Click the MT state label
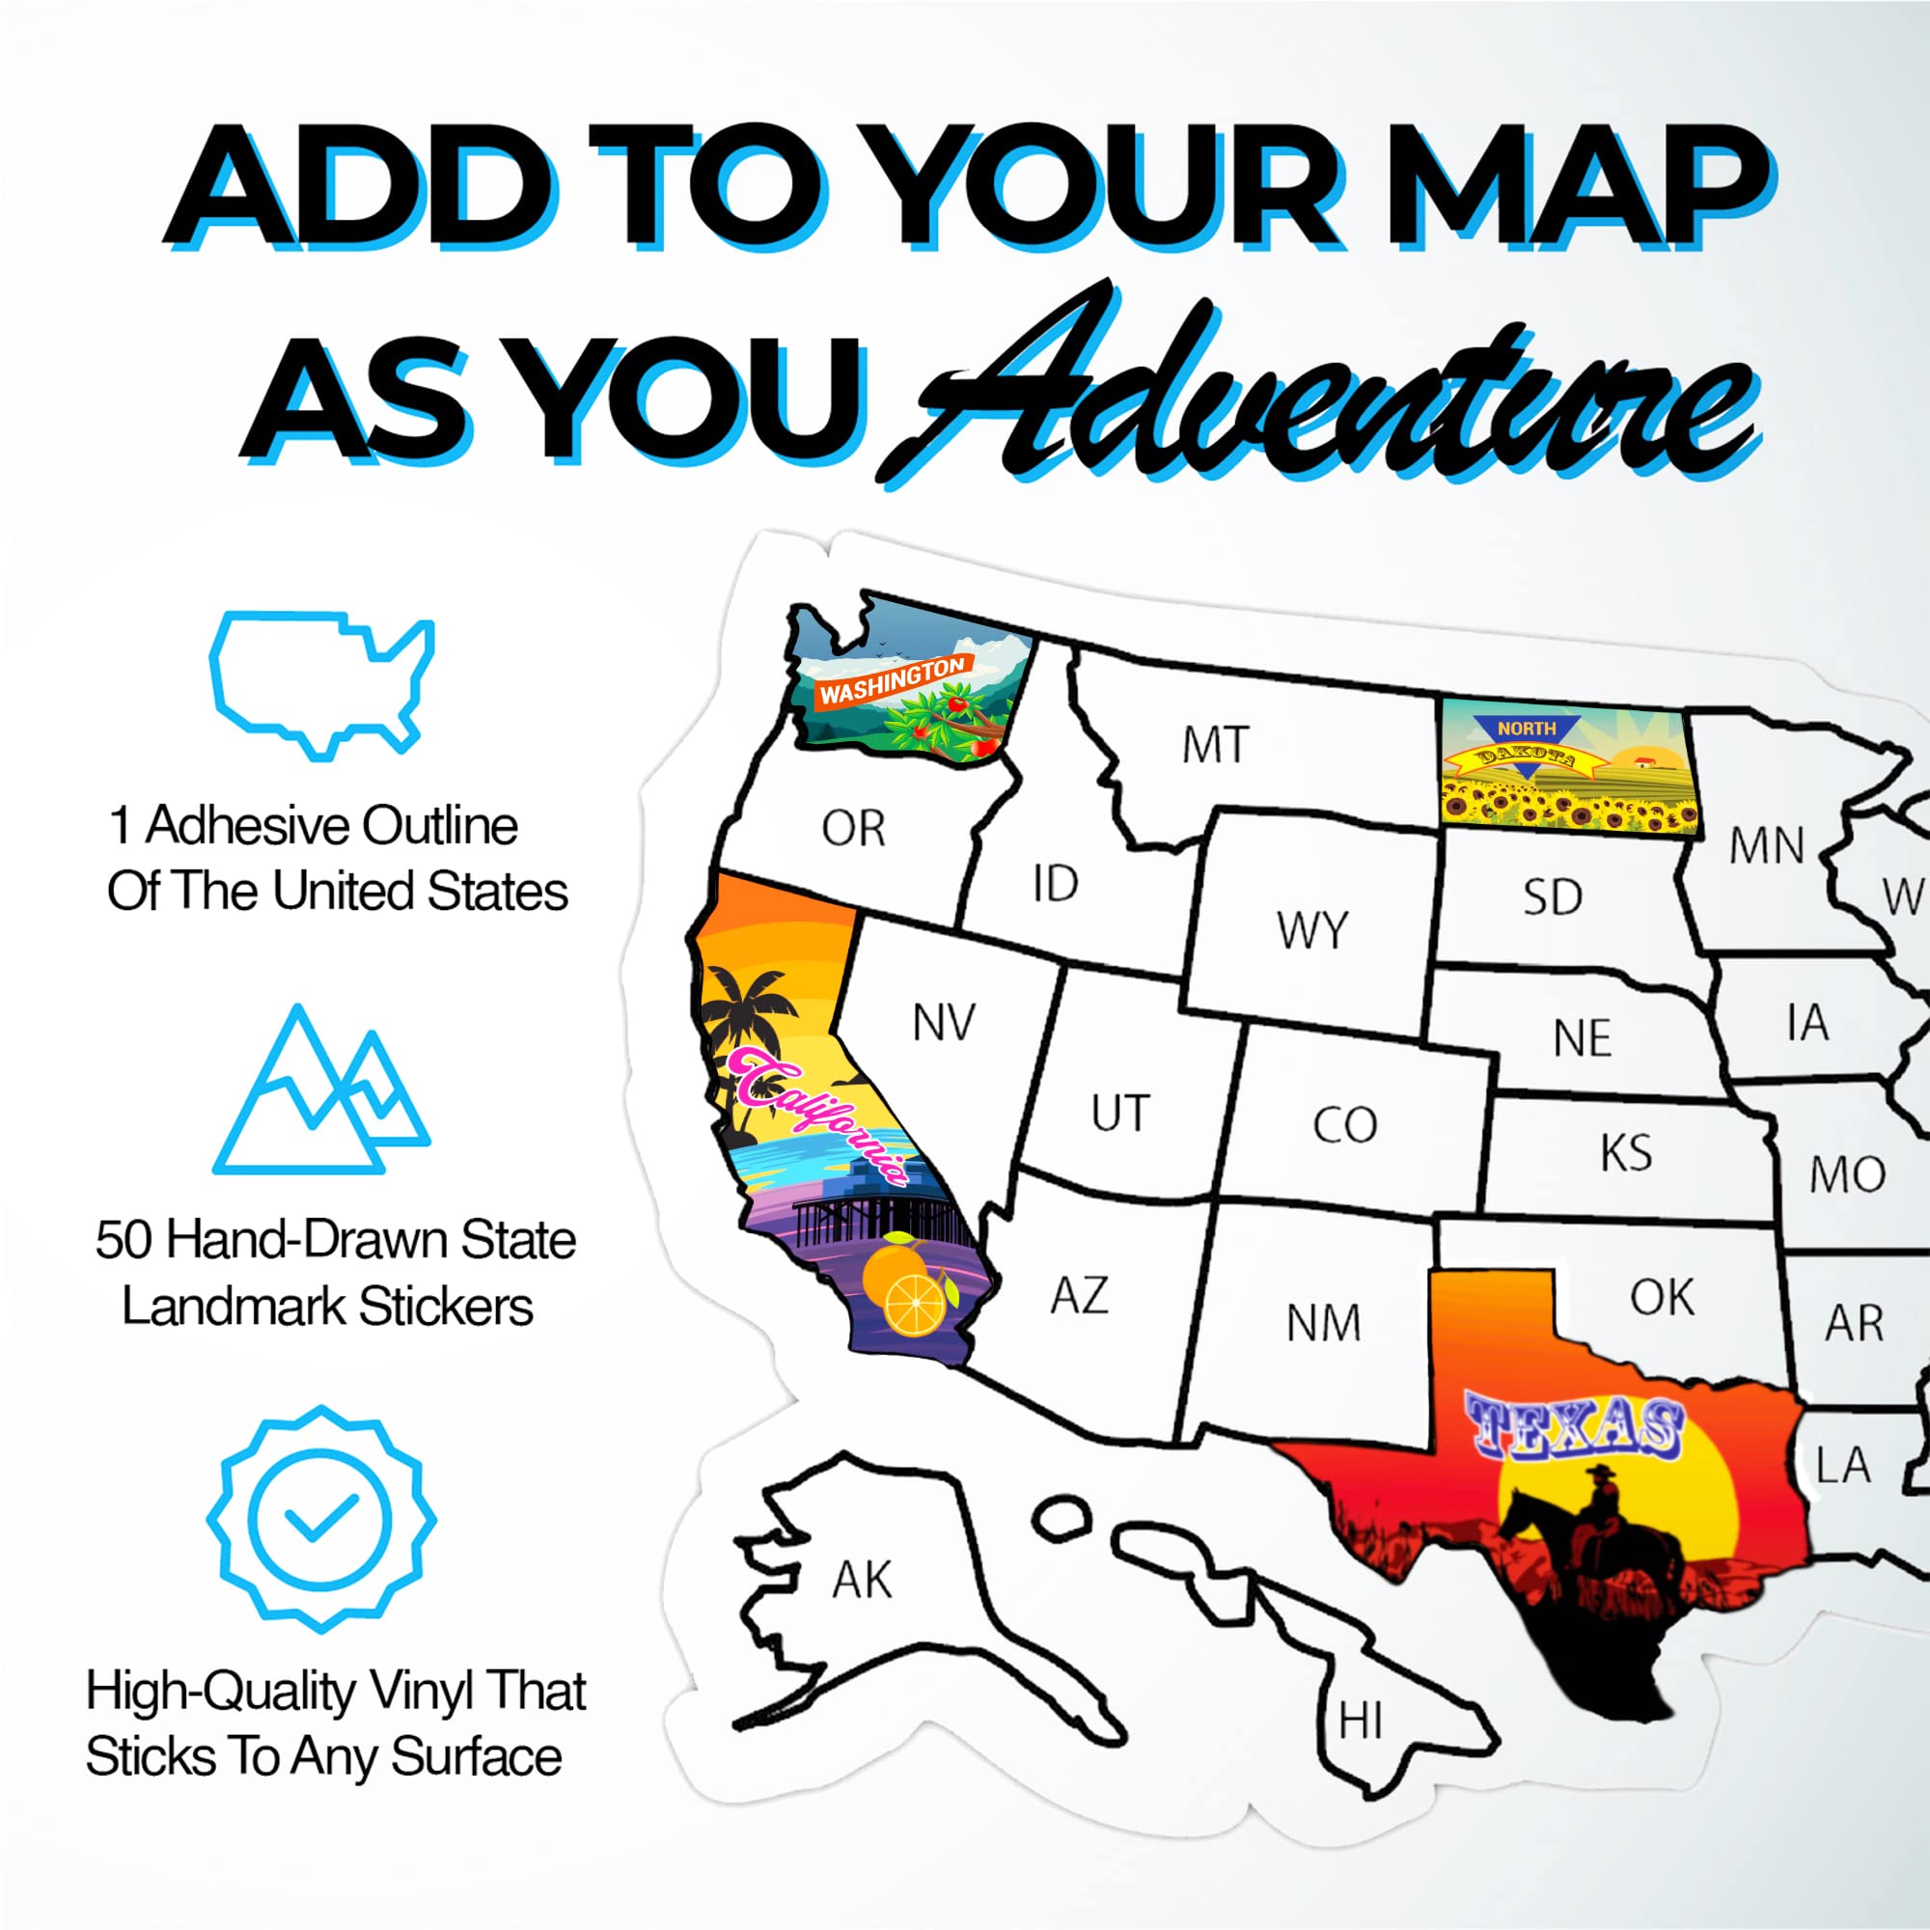[x=1215, y=745]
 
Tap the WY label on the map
[x=1311, y=930]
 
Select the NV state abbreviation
[x=943, y=1022]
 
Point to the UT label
[x=1120, y=1113]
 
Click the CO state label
[x=1344, y=1125]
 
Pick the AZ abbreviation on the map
[x=1080, y=1296]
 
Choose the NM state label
[x=1324, y=1324]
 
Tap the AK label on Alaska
[x=862, y=1581]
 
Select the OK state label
[x=1663, y=1298]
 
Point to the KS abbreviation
[x=1625, y=1153]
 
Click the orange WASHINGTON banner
[x=892, y=681]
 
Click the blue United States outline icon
[x=321, y=685]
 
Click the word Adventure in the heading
[x=1318, y=400]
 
